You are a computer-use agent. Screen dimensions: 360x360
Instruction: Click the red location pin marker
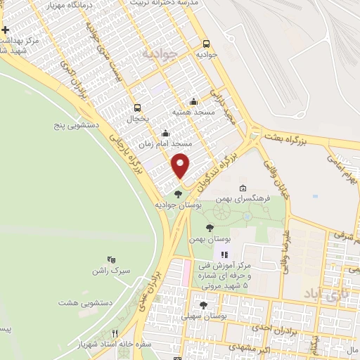click(x=181, y=166)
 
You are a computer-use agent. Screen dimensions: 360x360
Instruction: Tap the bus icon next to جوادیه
click(x=206, y=42)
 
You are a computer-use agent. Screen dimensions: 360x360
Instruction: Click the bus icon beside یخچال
click(x=137, y=108)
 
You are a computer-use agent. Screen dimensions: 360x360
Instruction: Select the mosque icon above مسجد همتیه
click(x=194, y=102)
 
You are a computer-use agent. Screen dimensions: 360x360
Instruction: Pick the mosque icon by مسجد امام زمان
click(x=165, y=133)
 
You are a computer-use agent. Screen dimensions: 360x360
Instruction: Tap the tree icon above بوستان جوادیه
click(x=177, y=194)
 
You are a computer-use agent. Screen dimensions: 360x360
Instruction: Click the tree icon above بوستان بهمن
click(x=210, y=227)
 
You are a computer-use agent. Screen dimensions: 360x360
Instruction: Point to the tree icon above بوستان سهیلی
click(x=203, y=305)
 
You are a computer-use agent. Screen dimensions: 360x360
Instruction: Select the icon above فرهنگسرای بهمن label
click(x=243, y=188)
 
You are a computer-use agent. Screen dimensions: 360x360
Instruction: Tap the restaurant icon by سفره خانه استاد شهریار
click(x=115, y=334)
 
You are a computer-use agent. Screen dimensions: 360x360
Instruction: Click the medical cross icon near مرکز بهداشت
click(x=5, y=31)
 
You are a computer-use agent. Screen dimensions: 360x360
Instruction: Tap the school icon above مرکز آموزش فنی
click(x=224, y=255)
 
